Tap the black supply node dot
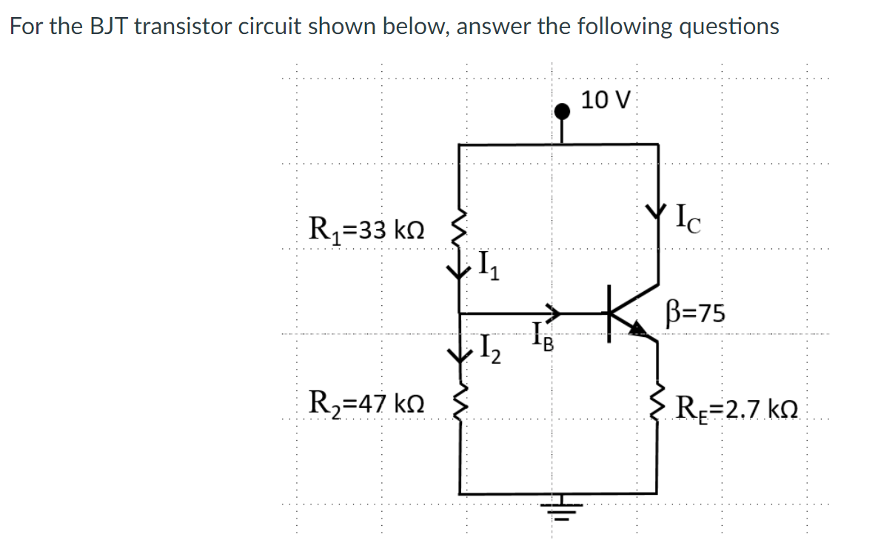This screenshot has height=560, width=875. point(563,112)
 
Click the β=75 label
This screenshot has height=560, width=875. point(695,313)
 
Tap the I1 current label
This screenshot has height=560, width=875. point(489,264)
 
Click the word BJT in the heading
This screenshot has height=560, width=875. point(108,27)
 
